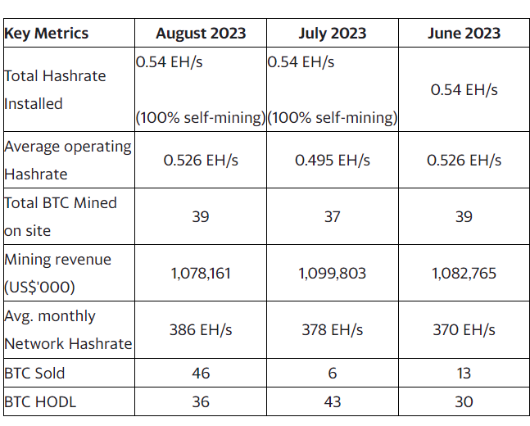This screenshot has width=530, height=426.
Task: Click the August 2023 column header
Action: point(201,34)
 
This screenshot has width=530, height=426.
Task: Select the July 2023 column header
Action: point(332,34)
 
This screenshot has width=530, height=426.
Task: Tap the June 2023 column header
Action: point(464,34)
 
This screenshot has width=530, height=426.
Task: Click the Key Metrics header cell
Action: point(47,34)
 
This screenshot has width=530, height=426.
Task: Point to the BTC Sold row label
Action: point(34,373)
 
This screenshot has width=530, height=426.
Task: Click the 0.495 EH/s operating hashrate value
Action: point(332,160)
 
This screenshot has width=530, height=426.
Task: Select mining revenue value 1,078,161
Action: point(201,273)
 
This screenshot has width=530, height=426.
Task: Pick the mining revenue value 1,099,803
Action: point(332,273)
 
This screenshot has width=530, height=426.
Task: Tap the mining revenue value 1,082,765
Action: point(464,273)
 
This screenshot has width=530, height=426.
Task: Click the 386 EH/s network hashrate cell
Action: point(201,329)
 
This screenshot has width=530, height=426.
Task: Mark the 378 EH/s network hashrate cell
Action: point(332,329)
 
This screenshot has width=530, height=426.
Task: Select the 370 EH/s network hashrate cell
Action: point(464,329)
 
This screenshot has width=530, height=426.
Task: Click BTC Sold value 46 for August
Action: point(201,373)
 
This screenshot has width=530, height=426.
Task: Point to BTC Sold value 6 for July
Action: point(332,373)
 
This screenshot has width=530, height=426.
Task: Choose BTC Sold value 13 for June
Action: point(464,373)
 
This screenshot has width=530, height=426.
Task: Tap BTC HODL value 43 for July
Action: point(332,401)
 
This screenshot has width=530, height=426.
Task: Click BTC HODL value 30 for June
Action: point(464,401)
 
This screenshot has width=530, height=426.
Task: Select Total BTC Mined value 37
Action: point(332,216)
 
